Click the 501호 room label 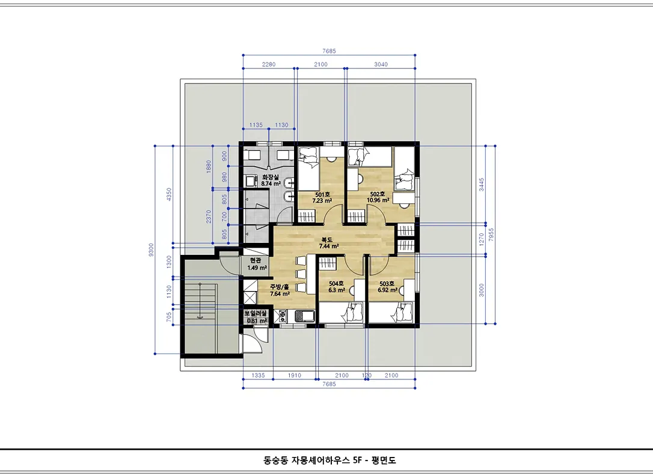tap(322, 194)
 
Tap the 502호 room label tap(377, 194)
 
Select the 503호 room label tap(387, 284)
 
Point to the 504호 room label tap(336, 284)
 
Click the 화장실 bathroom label tap(270, 177)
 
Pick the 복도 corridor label tap(326, 240)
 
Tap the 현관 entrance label tap(256, 260)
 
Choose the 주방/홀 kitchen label tap(279, 287)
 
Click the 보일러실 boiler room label tap(256, 313)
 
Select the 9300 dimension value tap(151, 250)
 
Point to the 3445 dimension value tap(482, 185)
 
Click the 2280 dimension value tap(269, 64)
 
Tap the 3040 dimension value tap(381, 64)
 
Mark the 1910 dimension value tap(295, 376)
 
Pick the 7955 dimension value tap(491, 234)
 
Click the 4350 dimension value tap(169, 194)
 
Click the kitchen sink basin tap(305, 316)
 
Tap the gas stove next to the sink tap(280, 316)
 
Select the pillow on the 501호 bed tap(308, 156)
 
